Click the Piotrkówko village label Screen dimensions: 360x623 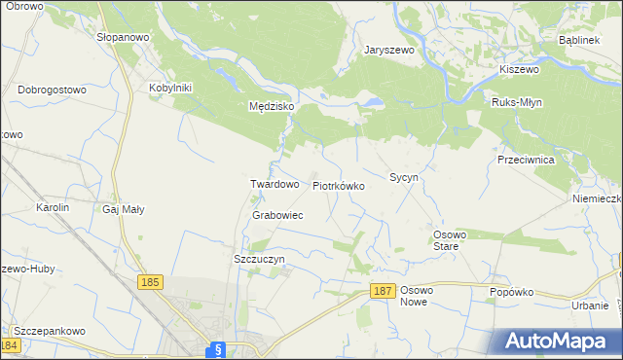coord(338,185)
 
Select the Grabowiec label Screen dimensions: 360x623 coord(277,215)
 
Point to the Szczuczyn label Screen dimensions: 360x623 coord(259,260)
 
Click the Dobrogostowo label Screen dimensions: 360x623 coord(53,90)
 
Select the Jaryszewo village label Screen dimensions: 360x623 coord(389,50)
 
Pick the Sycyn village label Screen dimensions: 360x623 coord(404,178)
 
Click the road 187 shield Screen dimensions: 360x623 coord(383,291)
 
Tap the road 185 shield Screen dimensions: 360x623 coord(149,282)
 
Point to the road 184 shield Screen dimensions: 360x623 coord(11,345)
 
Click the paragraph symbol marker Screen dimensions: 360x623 coord(218,349)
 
